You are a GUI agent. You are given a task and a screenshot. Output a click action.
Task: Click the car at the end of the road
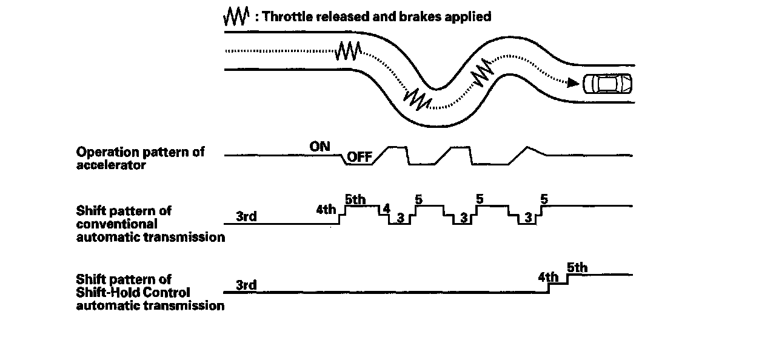pyautogui.click(x=607, y=84)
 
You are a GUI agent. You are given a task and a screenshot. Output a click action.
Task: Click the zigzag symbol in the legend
pyautogui.click(x=236, y=17)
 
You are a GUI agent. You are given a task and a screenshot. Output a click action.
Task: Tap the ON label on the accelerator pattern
pyautogui.click(x=319, y=146)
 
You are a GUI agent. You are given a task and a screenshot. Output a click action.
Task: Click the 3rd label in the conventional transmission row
pyautogui.click(x=246, y=216)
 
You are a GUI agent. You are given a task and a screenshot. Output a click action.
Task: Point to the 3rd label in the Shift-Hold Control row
pyautogui.click(x=246, y=285)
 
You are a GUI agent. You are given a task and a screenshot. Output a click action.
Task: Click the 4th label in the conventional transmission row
pyautogui.click(x=326, y=210)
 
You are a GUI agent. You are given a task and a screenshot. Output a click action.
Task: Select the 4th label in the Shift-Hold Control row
pyautogui.click(x=548, y=278)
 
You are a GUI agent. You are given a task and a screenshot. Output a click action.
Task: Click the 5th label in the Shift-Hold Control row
pyautogui.click(x=577, y=267)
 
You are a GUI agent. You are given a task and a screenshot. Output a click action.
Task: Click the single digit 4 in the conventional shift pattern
pyautogui.click(x=386, y=208)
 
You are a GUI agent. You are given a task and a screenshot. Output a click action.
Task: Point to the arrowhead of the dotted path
pyautogui.click(x=572, y=83)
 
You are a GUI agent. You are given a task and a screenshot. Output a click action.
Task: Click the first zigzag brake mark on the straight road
pyautogui.click(x=349, y=50)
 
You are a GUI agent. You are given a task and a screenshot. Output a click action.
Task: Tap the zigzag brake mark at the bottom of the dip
pyautogui.click(x=418, y=98)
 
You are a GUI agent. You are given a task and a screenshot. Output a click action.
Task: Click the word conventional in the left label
pyautogui.click(x=117, y=224)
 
